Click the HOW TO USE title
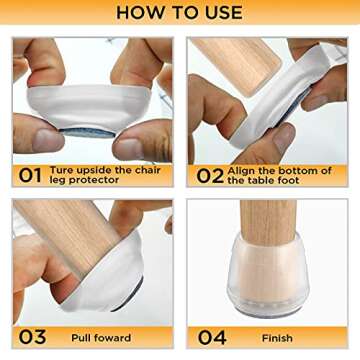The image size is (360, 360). point(179,13)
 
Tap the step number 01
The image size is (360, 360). point(30,175)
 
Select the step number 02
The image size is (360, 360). point(210,175)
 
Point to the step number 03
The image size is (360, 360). point(31,337)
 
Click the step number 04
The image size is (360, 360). point(211,337)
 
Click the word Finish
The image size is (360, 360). point(277,338)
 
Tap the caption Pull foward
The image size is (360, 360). point(100,338)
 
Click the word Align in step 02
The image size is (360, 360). point(244,170)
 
